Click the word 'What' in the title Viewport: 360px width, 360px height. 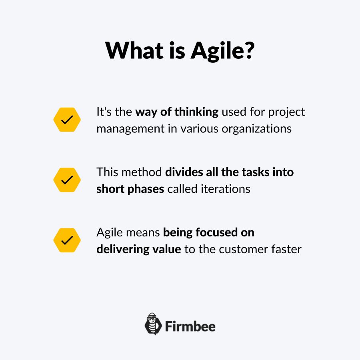[x=134, y=50]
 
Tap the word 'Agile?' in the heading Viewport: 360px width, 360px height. [x=222, y=52]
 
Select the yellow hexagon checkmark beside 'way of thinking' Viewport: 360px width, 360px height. [x=67, y=120]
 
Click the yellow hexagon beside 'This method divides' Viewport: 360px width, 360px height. [x=67, y=180]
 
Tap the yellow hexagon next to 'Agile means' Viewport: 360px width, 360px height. [x=67, y=240]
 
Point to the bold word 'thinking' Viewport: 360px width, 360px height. [x=196, y=112]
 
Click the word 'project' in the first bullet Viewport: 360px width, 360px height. [x=286, y=112]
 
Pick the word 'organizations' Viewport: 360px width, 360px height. [x=257, y=129]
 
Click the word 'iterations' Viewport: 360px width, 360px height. [x=226, y=189]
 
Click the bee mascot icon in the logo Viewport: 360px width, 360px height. [x=153, y=324]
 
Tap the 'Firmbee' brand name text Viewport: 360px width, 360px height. [x=190, y=326]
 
